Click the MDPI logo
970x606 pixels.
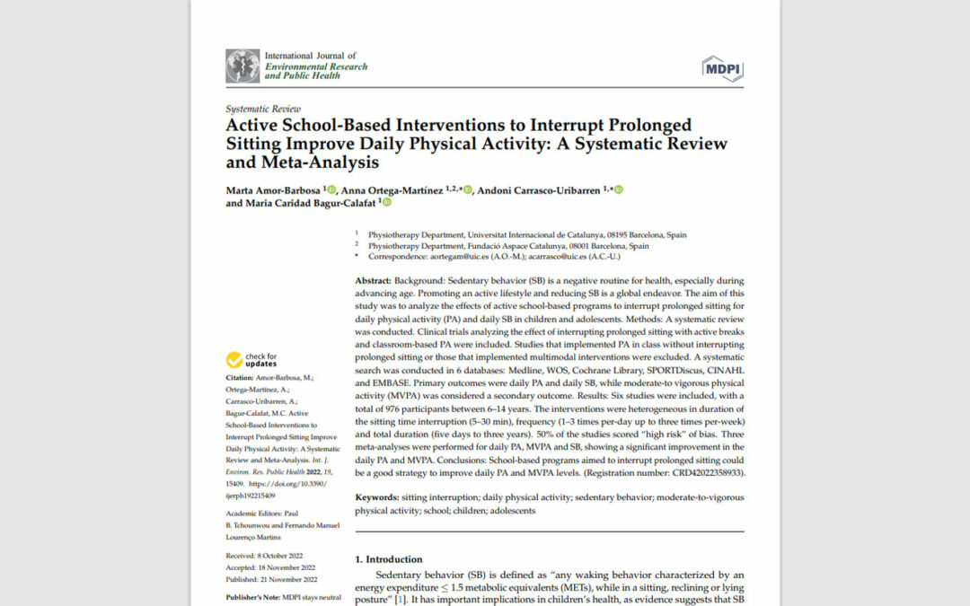pyautogui.click(x=722, y=67)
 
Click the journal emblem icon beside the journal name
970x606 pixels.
pyautogui.click(x=242, y=66)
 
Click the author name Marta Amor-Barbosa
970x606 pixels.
pyautogui.click(x=273, y=189)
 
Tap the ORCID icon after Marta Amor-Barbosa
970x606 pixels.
pyautogui.click(x=331, y=189)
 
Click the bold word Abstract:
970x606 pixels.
pyautogui.click(x=375, y=281)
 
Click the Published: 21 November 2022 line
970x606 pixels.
pyautogui.click(x=271, y=580)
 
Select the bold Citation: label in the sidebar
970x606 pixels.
pyautogui.click(x=240, y=378)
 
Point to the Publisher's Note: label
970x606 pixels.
pyautogui.click(x=253, y=597)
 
